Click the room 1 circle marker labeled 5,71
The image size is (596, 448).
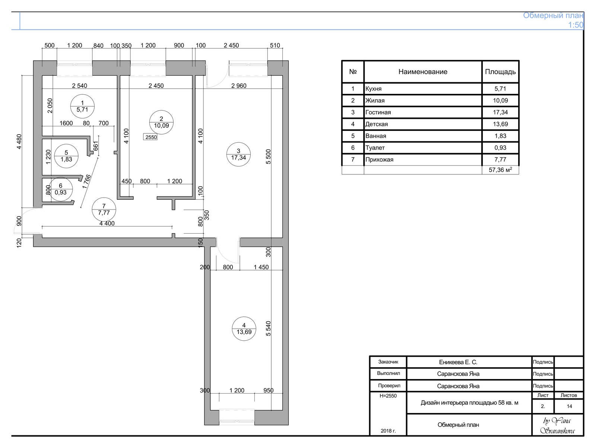coord(82,95)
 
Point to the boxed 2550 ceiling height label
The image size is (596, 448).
coord(150,137)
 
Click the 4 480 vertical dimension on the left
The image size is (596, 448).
coord(19,142)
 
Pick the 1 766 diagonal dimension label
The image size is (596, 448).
coord(87,182)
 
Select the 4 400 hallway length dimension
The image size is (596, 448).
coord(107,223)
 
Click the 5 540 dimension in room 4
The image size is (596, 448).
coord(268,328)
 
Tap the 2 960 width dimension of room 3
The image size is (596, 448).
coord(239,86)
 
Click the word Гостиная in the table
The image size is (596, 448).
coord(378,112)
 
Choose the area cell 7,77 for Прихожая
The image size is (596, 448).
coord(500,160)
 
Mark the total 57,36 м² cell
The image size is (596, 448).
coord(500,170)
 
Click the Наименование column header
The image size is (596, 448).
coord(423,72)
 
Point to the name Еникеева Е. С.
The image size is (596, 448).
coord(458,362)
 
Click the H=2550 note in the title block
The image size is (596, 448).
coord(388,396)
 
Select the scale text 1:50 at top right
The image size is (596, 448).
coord(576,25)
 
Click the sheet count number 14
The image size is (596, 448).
coord(570,406)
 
